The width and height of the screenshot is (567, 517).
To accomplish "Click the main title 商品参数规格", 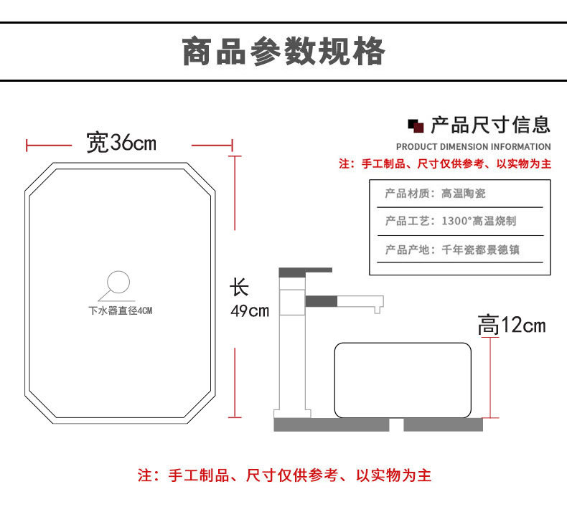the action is point(283,52).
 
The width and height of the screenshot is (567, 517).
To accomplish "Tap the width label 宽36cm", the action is point(121,142).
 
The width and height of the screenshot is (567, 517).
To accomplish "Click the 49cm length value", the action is point(249,311).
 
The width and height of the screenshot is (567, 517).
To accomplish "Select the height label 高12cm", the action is point(511,326).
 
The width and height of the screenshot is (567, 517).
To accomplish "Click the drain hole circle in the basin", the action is point(118,283).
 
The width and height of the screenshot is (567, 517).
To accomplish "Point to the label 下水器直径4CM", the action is point(121,311).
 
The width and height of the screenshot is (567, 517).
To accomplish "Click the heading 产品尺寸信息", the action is point(490,125).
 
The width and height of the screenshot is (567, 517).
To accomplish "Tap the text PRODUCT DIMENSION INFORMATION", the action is point(473,147).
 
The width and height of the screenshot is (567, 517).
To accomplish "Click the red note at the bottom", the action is point(284,475).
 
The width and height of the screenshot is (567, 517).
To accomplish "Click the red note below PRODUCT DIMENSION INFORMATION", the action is point(444,164).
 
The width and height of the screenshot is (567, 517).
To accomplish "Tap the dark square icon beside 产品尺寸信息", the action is point(416,126).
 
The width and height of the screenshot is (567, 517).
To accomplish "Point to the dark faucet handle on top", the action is point(306,272).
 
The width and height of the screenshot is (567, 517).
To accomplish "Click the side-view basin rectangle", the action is point(403,380).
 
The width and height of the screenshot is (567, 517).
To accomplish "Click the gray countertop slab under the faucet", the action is point(331,424).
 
